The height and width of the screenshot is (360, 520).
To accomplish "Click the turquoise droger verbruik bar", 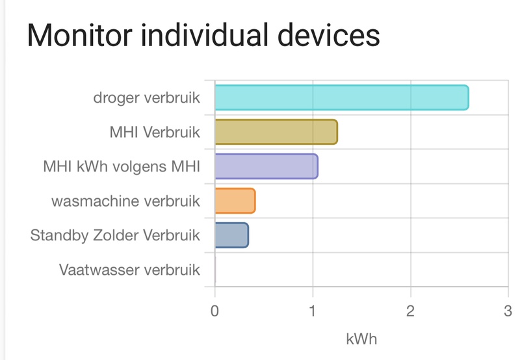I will [x=341, y=97].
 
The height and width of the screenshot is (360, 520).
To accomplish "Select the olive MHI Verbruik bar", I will [x=276, y=132].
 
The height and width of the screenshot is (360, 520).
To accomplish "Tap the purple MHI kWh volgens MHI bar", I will [x=266, y=166].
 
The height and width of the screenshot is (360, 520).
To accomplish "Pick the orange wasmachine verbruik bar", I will [x=235, y=201].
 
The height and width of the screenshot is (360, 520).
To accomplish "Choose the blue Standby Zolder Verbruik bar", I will [x=231, y=235].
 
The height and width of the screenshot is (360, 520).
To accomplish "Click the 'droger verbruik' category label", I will [x=146, y=98].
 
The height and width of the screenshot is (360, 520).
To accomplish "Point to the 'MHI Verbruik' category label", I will [x=155, y=133].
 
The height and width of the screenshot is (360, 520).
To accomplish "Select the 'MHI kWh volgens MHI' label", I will [x=122, y=167].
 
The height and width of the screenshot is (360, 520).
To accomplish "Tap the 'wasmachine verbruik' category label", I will [x=126, y=201].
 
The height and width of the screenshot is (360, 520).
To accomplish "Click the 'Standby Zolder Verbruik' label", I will [x=115, y=235].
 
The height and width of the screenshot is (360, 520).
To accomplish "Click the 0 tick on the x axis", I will [x=215, y=311].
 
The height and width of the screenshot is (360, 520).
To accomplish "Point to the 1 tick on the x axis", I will [x=313, y=311].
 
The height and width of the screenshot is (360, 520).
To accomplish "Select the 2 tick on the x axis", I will [x=411, y=311].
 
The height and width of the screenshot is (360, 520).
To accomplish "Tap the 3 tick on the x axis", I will [x=508, y=311].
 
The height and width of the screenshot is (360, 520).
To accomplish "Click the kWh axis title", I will [x=361, y=339].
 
